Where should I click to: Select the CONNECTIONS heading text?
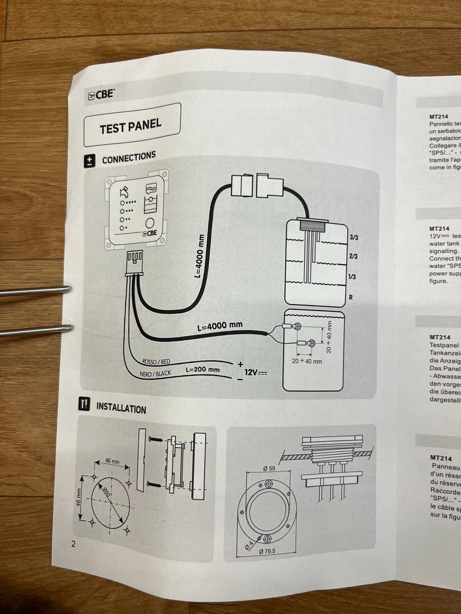pyautogui.click(x=129, y=157)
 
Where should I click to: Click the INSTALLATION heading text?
pyautogui.click(x=121, y=408)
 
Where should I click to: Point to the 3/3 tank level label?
pyautogui.click(x=354, y=237)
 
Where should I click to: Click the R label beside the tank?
pyautogui.click(x=351, y=297)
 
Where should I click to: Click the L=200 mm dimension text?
pyautogui.click(x=202, y=370)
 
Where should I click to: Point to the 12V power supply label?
pyautogui.click(x=255, y=372)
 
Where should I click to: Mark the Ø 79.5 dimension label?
pyautogui.click(x=267, y=551)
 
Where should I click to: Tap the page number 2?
pyautogui.click(x=73, y=544)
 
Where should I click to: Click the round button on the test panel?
pyautogui.click(x=150, y=224)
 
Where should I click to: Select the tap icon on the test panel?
pyautogui.click(x=124, y=192)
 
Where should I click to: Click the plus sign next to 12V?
pyautogui.click(x=240, y=364)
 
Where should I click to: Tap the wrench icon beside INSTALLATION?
pyautogui.click(x=84, y=404)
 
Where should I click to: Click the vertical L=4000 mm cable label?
pyautogui.click(x=199, y=256)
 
